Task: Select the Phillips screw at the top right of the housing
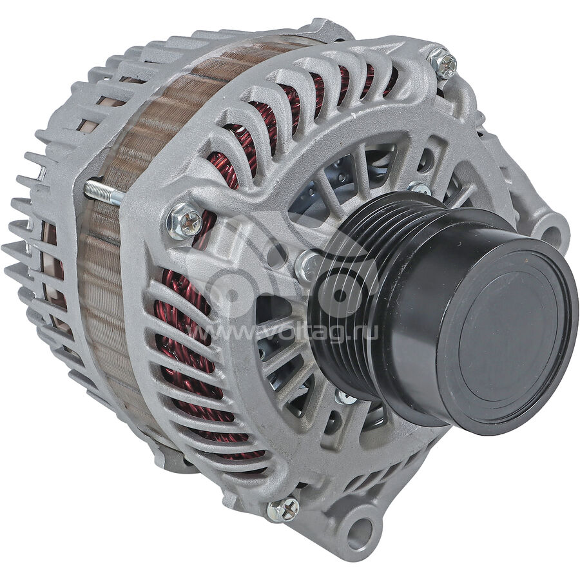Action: click(443, 63)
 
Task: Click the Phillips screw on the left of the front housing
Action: click(184, 221)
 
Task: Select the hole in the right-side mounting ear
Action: click(554, 233)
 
